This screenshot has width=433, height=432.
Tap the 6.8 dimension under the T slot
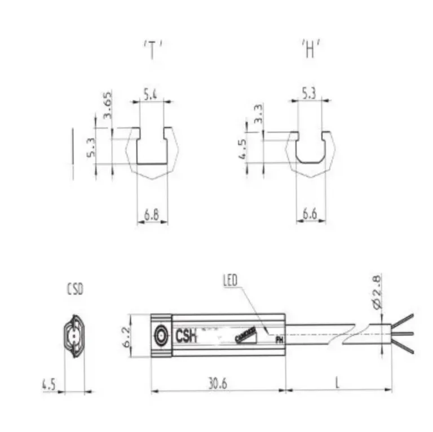151,214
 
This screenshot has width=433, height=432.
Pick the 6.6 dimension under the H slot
310,214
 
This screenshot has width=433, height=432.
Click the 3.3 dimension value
259,115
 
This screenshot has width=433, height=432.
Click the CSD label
74,291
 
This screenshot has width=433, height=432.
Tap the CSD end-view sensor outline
74,337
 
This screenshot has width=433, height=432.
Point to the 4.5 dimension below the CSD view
50,385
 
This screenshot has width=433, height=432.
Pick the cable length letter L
337,383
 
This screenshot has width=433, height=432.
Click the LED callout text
231,280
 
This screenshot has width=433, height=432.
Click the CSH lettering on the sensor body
185,336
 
